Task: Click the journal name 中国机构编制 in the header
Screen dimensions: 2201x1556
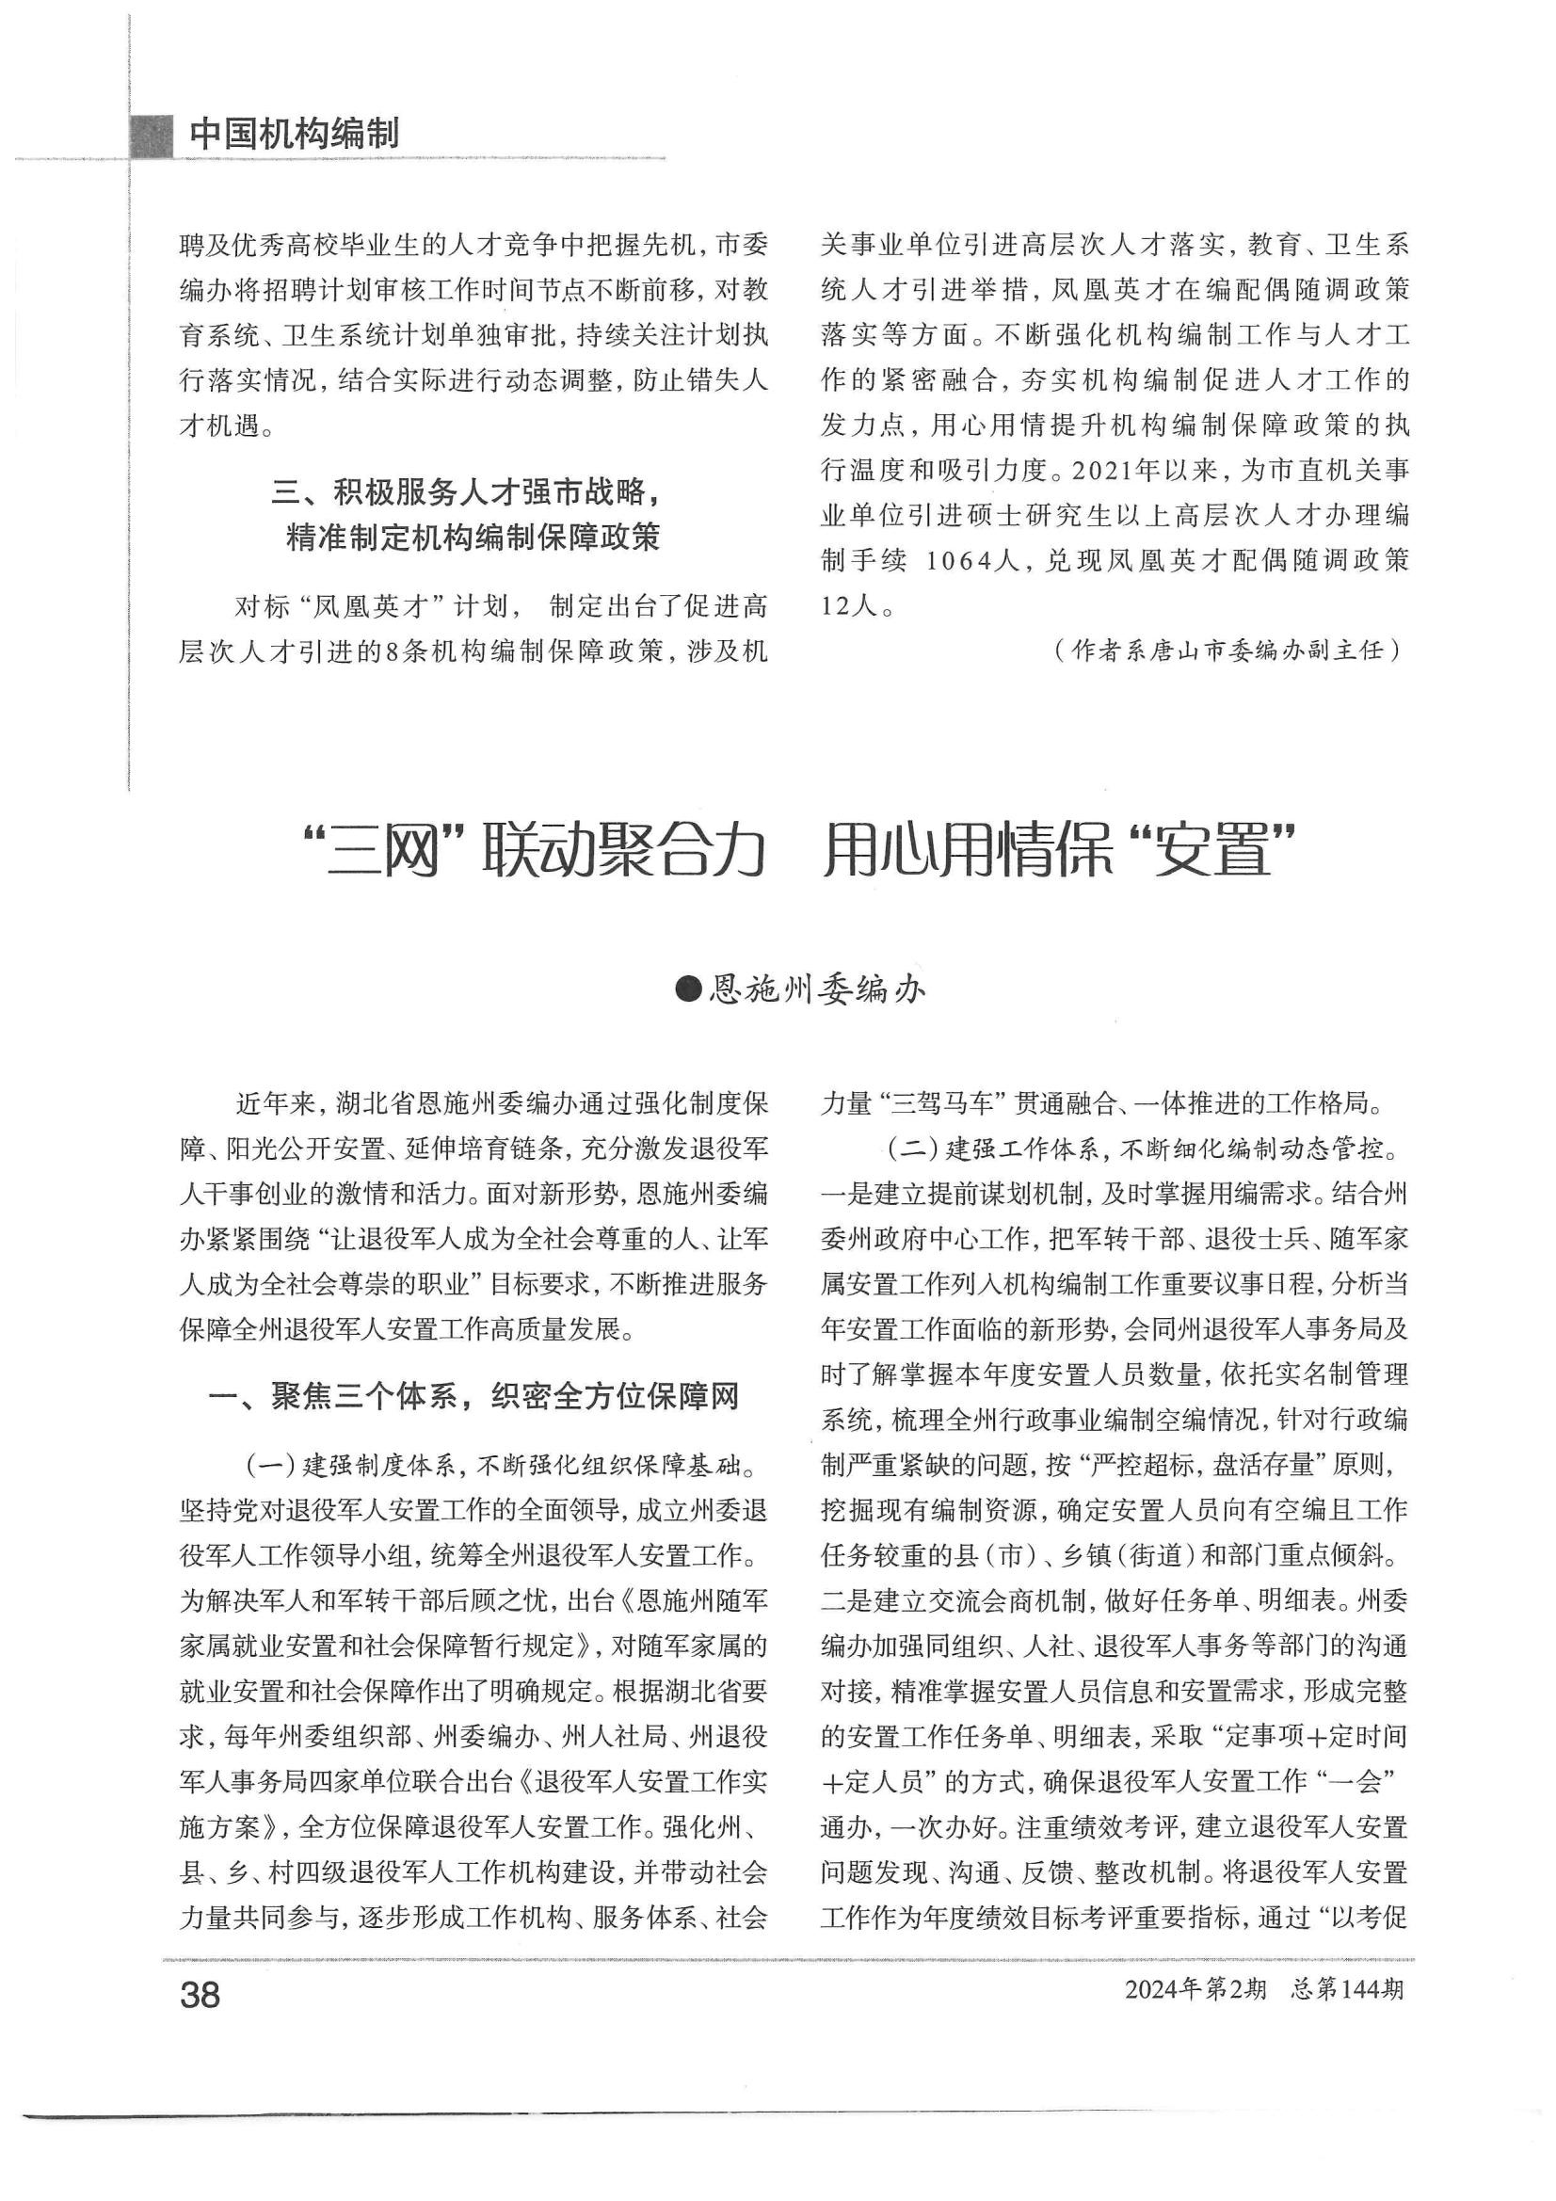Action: (294, 134)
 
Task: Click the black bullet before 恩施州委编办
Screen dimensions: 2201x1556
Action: (688, 988)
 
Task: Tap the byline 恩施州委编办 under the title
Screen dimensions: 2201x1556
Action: (816, 988)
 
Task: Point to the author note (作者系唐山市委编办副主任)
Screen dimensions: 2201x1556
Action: (1227, 651)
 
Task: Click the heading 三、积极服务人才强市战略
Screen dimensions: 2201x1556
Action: (467, 492)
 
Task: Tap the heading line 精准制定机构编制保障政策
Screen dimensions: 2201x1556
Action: (473, 538)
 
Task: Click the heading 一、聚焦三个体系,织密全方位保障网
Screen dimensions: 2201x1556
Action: (473, 1398)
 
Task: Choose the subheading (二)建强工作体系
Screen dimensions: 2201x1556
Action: (993, 1148)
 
